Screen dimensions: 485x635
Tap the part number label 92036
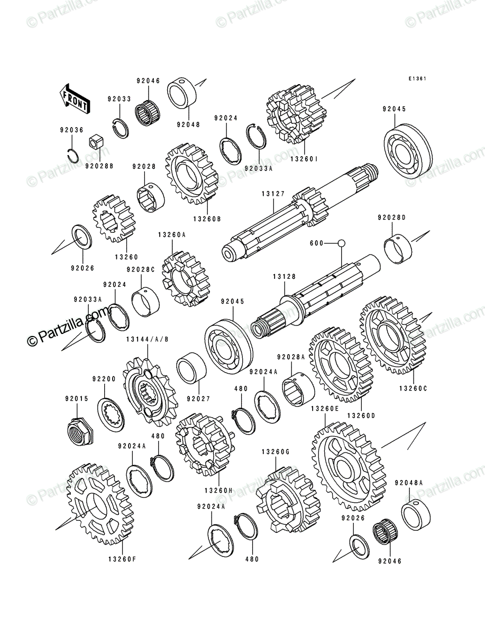pyautogui.click(x=72, y=130)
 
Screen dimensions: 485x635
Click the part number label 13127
pyautogui.click(x=273, y=194)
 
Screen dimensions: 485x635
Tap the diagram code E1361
pyautogui.click(x=417, y=79)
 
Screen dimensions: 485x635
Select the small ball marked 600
pyautogui.click(x=341, y=243)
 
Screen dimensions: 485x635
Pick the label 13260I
pyautogui.click(x=304, y=159)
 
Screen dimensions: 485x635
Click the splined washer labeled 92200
pyautogui.click(x=111, y=414)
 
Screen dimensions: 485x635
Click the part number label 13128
pyautogui.click(x=285, y=277)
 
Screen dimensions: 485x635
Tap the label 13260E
pyautogui.click(x=325, y=409)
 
